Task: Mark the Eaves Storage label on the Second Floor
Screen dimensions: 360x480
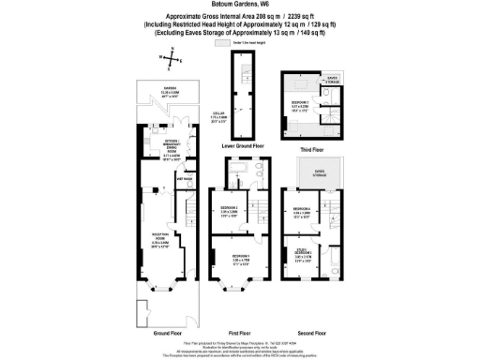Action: tap(309, 172)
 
